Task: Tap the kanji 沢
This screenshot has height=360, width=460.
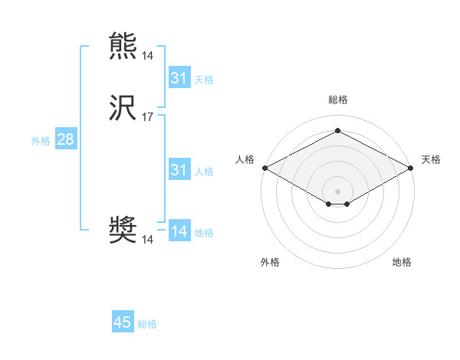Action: [x=123, y=109]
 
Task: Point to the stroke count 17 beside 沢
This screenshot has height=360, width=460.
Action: [x=148, y=117]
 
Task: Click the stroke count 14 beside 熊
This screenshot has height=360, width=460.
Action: [x=148, y=55]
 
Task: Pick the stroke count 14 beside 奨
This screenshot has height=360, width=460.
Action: [x=148, y=239]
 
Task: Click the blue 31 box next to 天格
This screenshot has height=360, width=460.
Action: [x=179, y=78]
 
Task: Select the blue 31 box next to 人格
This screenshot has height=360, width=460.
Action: [x=179, y=170]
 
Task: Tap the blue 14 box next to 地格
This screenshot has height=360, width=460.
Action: [x=179, y=231]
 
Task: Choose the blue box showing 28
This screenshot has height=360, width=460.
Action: [x=65, y=139]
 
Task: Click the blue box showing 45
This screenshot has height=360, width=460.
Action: [x=123, y=322]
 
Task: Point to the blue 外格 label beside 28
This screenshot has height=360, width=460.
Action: [x=41, y=141]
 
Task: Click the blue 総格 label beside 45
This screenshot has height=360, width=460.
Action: [x=147, y=324]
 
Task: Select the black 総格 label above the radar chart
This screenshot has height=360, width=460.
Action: [x=338, y=100]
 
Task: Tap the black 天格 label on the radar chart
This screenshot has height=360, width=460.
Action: [x=431, y=159]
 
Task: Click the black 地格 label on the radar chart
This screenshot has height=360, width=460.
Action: [x=402, y=262]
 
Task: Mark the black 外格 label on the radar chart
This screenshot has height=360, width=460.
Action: [x=270, y=262]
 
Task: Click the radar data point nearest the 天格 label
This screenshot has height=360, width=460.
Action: [x=412, y=168]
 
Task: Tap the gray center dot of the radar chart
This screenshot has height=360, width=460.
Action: [x=338, y=191]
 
